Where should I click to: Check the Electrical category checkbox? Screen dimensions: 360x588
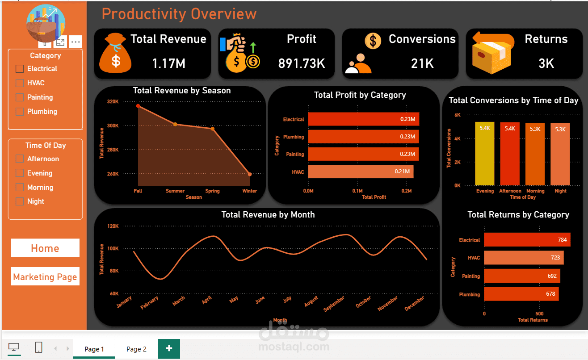[20, 69]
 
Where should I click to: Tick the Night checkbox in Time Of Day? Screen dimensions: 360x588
[20, 201]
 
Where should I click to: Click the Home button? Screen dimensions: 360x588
[45, 248]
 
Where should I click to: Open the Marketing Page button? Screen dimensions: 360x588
[45, 276]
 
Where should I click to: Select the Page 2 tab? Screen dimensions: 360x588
[136, 349]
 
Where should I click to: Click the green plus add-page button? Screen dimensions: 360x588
[169, 348]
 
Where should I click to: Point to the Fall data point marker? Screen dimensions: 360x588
[138, 106]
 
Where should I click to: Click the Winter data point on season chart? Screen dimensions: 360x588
[250, 174]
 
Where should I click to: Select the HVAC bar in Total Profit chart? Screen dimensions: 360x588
[361, 172]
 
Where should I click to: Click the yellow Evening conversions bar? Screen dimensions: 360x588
[485, 154]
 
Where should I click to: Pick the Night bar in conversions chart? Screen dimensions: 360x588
[560, 155]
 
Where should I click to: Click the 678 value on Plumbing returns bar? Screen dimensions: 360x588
[550, 294]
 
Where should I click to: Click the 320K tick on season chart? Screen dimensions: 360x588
[113, 101]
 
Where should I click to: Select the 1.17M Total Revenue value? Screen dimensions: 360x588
[168, 63]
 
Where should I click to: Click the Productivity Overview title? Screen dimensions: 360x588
[179, 14]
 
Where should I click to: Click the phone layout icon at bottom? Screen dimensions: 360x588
[39, 347]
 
